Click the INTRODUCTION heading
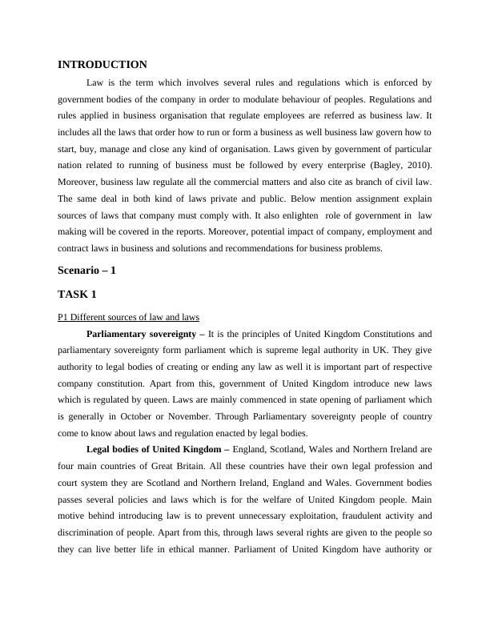click(x=102, y=64)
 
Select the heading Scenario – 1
click(x=86, y=271)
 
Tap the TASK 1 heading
click(x=77, y=294)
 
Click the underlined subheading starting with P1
click(x=128, y=317)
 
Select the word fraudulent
click(x=347, y=516)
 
